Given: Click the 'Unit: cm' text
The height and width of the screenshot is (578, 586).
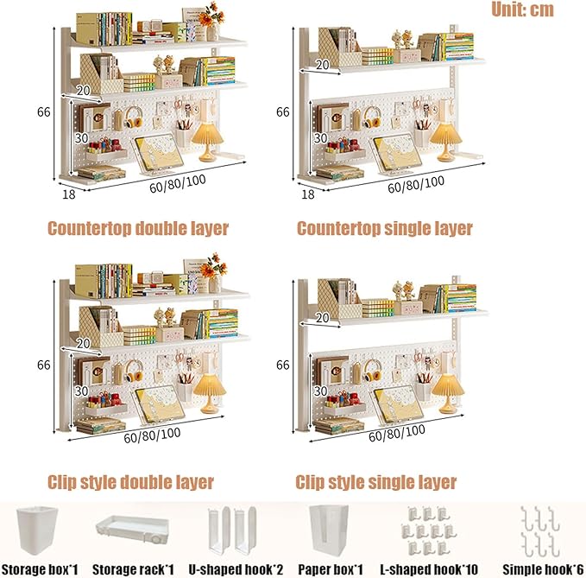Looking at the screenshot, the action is coord(522,10).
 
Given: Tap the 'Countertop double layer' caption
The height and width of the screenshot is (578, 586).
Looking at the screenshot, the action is coord(138,228).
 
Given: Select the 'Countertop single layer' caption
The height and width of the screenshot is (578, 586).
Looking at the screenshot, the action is coord(385,228).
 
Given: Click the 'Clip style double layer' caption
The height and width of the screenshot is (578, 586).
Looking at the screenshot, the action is coord(130,482).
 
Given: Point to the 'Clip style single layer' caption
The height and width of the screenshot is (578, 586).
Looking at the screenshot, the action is coord(376,482).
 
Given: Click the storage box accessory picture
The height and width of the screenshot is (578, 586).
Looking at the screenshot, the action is coord(36,530).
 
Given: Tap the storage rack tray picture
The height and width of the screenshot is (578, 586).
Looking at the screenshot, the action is coord(132,530).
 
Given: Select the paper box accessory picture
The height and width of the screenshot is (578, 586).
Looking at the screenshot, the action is coord(329,530).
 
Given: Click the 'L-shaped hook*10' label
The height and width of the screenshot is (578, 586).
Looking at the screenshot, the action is coord(429,569).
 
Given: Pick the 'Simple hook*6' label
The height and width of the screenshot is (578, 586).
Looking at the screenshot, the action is coord(543,569).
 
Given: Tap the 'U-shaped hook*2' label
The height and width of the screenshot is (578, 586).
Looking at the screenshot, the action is coord(236,569).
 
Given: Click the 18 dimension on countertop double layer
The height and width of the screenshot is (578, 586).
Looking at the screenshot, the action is coord(69,194).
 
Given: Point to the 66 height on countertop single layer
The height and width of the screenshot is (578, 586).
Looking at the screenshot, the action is coord(283,111).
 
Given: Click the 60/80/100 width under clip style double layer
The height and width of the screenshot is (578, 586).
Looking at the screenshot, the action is coord(152,435).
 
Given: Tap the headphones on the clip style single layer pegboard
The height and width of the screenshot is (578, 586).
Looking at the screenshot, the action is coord(372,371).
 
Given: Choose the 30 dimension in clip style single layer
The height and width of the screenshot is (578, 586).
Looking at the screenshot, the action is coord(321,391).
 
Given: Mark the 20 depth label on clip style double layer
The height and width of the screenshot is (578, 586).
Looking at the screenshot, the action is coord(84,344).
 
